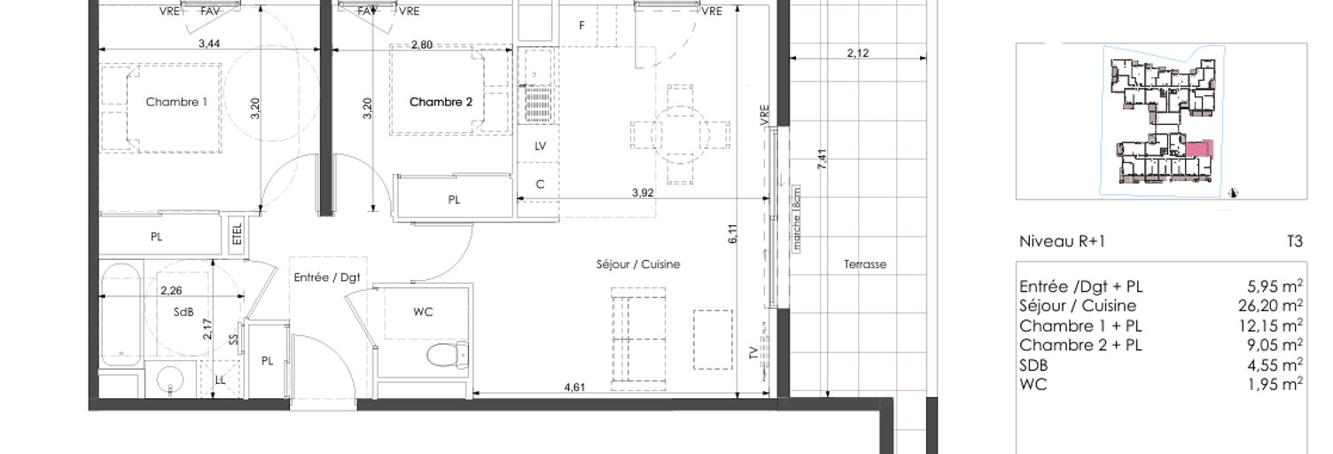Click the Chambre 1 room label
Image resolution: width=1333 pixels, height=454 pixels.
click(176, 102)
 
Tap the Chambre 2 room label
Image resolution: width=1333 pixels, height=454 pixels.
click(441, 102)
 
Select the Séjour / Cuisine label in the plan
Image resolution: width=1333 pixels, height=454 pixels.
click(638, 264)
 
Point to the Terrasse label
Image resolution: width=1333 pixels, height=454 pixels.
click(865, 264)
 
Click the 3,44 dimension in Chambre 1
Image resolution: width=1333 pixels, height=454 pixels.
click(209, 43)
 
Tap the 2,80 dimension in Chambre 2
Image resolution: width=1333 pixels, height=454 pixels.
click(422, 44)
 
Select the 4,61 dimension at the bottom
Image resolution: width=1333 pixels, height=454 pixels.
click(574, 387)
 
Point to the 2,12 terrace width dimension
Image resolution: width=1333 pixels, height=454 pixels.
click(858, 53)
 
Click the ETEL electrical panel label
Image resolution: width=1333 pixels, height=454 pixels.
click(238, 234)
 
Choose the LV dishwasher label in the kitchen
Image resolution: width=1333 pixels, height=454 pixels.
click(541, 145)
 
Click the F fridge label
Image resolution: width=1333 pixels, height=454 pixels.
click(581, 26)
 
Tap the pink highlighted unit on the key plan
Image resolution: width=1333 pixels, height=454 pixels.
click(1199, 148)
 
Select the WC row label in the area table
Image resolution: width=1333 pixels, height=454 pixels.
click(1033, 384)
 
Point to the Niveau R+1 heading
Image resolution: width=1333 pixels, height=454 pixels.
click(1062, 241)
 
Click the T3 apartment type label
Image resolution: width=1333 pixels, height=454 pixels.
click(1295, 241)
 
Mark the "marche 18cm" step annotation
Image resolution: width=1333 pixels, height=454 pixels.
click(797, 219)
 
